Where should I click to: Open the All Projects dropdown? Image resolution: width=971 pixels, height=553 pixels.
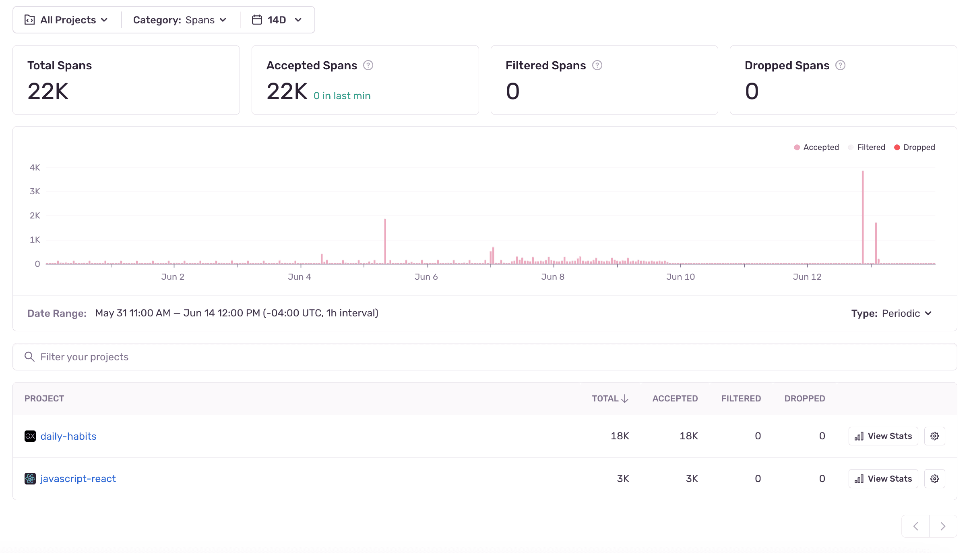(x=67, y=20)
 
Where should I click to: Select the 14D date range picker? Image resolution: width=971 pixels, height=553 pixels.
(x=277, y=20)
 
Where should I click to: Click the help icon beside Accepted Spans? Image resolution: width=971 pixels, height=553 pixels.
(x=368, y=65)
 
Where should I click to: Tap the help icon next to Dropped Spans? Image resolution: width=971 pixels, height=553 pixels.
(x=840, y=65)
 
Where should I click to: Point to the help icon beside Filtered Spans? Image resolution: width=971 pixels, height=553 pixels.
(x=597, y=65)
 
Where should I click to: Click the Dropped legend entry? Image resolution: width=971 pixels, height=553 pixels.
(x=915, y=148)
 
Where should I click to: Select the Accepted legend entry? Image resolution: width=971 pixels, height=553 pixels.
(x=816, y=148)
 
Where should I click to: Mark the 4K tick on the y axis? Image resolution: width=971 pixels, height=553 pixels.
(x=35, y=168)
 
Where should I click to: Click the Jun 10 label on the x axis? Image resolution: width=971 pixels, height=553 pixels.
(x=680, y=277)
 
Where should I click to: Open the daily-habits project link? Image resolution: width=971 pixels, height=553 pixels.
(x=68, y=437)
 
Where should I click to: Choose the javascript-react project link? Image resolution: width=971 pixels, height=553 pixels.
(x=78, y=479)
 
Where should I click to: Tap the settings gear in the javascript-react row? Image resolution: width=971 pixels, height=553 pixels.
(x=934, y=479)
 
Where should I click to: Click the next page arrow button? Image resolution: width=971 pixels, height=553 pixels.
(x=943, y=526)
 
